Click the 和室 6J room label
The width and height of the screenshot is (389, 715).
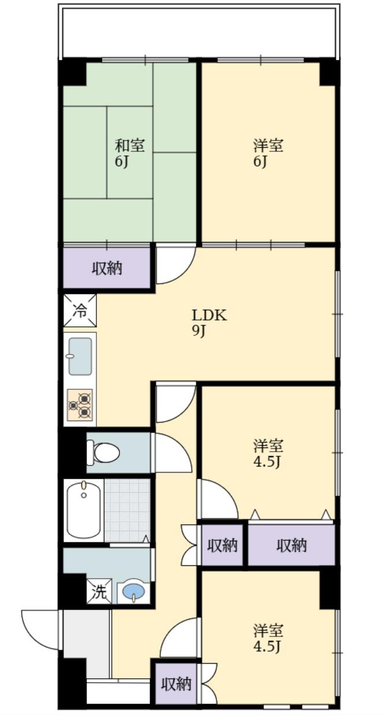coord(130,153)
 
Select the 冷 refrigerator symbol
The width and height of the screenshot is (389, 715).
coord(80,311)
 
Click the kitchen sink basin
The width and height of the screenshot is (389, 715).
coord(80,356)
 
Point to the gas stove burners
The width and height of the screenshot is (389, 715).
coord(81,404)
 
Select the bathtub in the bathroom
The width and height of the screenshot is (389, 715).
coord(84,510)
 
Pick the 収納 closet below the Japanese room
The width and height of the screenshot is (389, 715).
coord(107,268)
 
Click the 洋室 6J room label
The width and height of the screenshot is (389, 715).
coord(268,153)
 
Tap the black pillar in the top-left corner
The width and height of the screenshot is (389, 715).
coord(72,72)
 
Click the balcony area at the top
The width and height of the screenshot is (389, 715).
coord(199,31)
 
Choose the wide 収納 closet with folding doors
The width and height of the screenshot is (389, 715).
coord(291,545)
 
